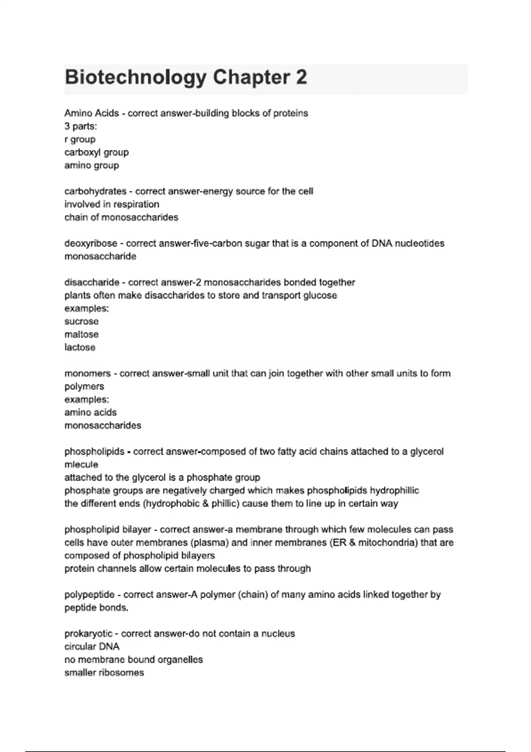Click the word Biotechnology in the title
135,77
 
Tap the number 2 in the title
301,77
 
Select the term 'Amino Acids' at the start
92,113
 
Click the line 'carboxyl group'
96,152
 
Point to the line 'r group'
80,139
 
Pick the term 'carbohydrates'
95,192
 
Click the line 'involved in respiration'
112,204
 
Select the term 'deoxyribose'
91,243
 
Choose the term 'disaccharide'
92,282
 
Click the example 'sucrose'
81,322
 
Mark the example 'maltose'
81,334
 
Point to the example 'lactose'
80,347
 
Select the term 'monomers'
88,373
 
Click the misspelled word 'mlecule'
81,464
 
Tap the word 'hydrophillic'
394,491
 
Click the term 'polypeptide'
89,595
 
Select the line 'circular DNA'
92,647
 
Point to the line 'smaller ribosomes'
104,673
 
